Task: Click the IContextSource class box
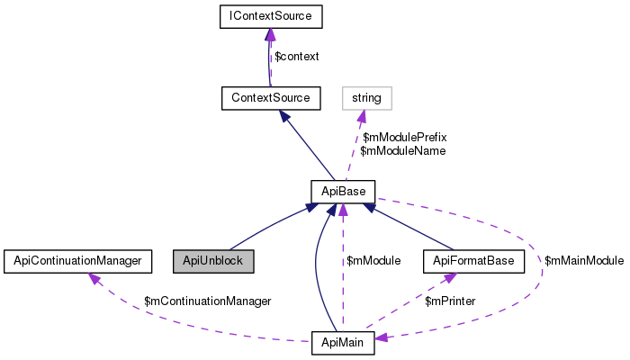coord(271,16)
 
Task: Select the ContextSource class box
coord(271,98)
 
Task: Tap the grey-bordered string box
coord(367,98)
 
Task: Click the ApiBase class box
coord(343,192)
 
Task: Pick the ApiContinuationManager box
coord(78,261)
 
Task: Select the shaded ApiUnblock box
coord(213,261)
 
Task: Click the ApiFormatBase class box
coord(473,261)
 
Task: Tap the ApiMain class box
coord(343,343)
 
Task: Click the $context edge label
coord(296,57)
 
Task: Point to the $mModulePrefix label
coord(405,138)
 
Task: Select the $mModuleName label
coord(403,151)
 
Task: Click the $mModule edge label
coord(373,261)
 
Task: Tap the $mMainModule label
coord(584,261)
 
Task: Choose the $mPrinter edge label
coord(450,301)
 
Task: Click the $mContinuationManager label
coord(208,301)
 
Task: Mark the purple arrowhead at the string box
coord(361,116)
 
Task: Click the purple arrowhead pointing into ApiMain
coord(382,337)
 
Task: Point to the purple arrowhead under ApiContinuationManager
coord(94,278)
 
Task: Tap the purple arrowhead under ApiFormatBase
coord(450,277)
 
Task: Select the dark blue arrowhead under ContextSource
coord(285,116)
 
